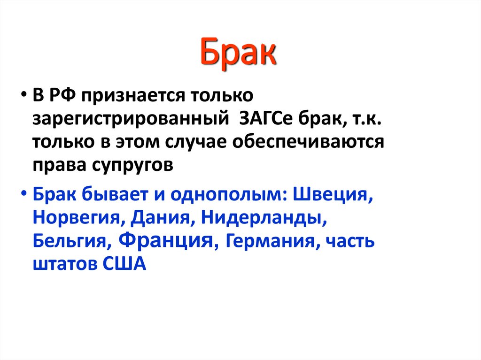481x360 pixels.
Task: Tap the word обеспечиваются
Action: pos(310,142)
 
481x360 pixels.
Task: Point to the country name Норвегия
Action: pos(78,218)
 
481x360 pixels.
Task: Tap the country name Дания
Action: pos(158,218)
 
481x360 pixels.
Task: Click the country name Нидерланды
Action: pos(258,218)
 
